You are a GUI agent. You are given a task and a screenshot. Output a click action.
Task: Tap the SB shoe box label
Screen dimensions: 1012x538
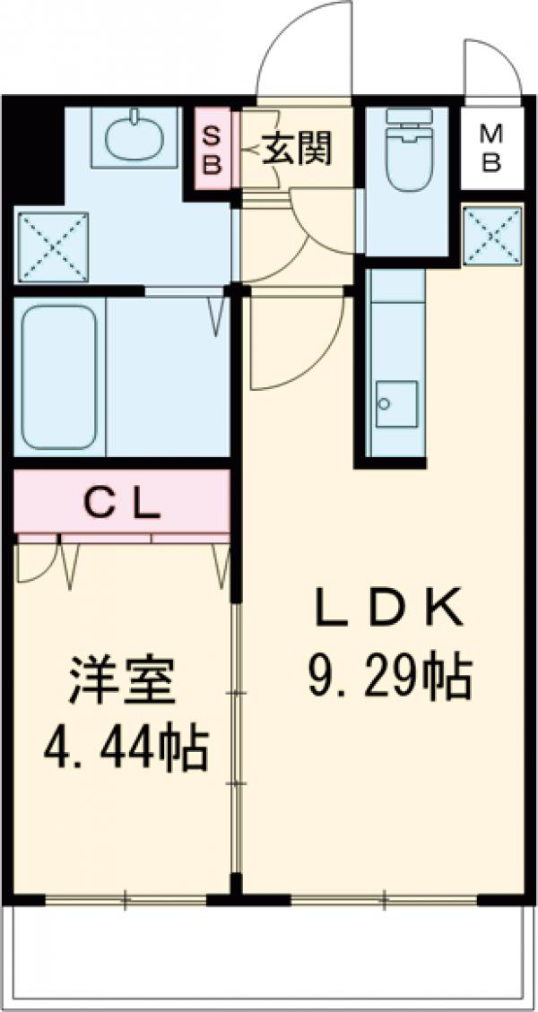click(x=213, y=150)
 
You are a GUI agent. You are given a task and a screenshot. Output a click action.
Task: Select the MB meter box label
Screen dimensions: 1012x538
click(x=491, y=149)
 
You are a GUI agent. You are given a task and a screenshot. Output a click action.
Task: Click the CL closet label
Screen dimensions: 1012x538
click(x=122, y=506)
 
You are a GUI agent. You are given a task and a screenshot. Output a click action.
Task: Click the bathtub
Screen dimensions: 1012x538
click(x=58, y=376)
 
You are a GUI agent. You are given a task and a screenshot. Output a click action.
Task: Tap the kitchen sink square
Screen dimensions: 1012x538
click(x=396, y=404)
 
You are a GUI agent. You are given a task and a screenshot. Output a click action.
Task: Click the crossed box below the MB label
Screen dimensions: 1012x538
click(x=492, y=235)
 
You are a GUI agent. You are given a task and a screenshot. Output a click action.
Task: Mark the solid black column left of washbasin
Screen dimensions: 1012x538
click(x=34, y=152)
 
